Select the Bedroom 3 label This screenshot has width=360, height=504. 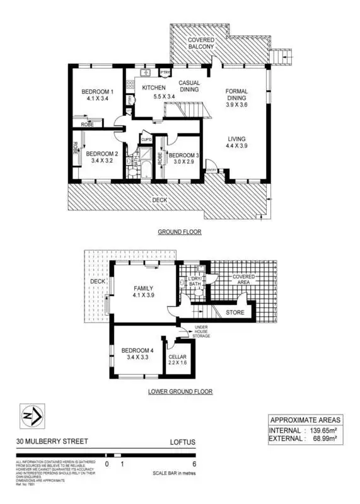[x=184, y=155]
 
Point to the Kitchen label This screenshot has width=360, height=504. [x=153, y=88]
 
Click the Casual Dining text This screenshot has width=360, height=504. [x=189, y=86]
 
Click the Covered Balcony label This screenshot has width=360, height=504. [x=201, y=43]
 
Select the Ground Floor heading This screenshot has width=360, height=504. [x=179, y=232]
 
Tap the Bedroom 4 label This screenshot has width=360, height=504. [x=137, y=350]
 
